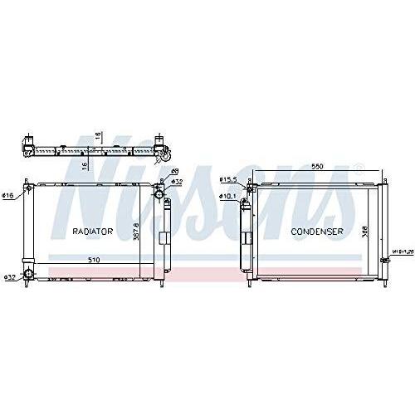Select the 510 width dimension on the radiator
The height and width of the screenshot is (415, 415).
96,261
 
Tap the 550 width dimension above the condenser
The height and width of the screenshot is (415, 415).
317,166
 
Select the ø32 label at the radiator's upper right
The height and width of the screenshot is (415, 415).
177,181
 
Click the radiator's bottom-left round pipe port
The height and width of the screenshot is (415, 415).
28,275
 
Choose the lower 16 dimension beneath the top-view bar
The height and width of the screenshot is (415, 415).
85,164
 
